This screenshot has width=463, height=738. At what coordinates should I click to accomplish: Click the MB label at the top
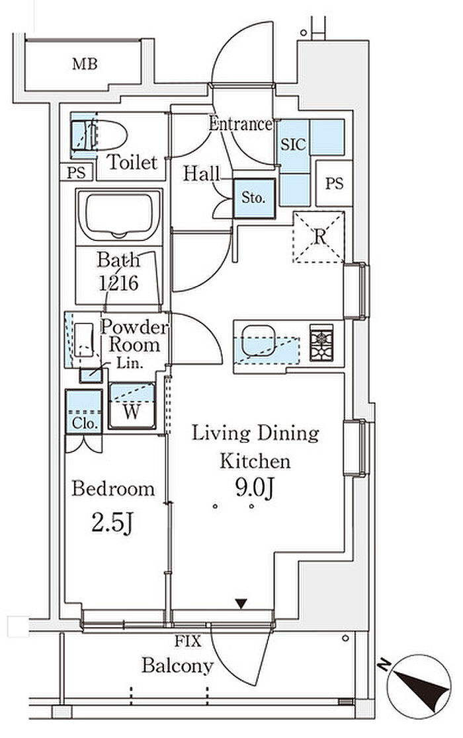pos(85,64)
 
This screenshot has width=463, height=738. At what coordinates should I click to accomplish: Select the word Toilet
pos(132,163)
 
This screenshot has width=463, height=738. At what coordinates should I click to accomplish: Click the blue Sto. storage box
pos(255,198)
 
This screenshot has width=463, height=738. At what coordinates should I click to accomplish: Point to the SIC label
pos(293,145)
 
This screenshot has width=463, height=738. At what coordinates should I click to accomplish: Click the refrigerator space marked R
pos(319,237)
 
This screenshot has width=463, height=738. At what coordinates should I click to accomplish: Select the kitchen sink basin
pos(257,340)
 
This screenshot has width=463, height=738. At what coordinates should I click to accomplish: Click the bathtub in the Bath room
pos(119,216)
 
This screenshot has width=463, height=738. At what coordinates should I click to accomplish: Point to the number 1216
pos(118,283)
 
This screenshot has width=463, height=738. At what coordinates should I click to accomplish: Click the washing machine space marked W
pos(132,406)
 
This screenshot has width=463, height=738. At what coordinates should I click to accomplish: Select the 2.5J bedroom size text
pos(112,523)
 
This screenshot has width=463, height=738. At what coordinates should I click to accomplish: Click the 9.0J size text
pos(255,488)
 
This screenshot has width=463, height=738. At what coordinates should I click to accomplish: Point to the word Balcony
pos(177,665)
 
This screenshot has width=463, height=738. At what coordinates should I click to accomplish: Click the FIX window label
pos(188,641)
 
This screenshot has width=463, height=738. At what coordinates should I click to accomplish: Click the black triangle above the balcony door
pos(241,603)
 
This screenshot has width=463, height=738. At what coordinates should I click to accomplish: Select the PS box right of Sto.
pos(334,183)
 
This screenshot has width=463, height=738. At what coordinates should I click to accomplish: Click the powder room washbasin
pos(84,340)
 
